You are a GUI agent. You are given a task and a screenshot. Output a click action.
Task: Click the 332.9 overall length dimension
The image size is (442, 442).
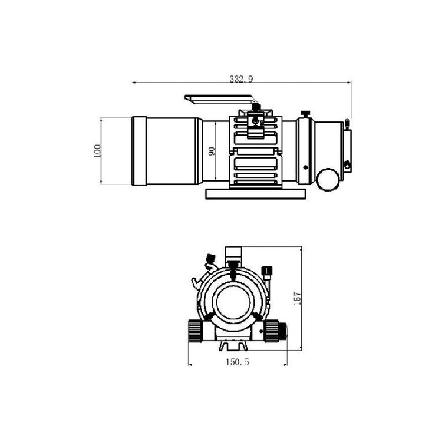(x=241, y=79)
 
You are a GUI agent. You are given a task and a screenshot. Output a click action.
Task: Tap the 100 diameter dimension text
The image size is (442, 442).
(x=97, y=151)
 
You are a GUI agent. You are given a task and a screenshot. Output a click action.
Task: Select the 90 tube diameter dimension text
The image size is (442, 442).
(x=212, y=151)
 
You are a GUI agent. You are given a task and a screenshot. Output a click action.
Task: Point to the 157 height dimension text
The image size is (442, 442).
(x=298, y=299)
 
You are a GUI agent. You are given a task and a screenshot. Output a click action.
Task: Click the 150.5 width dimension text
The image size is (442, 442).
(x=238, y=362)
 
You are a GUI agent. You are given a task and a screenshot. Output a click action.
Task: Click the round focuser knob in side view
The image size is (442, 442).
(x=328, y=180)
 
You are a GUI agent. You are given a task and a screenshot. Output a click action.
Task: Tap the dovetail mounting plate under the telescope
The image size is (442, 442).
(x=256, y=194)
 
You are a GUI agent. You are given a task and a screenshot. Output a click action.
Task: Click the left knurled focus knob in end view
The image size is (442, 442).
(x=195, y=331)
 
